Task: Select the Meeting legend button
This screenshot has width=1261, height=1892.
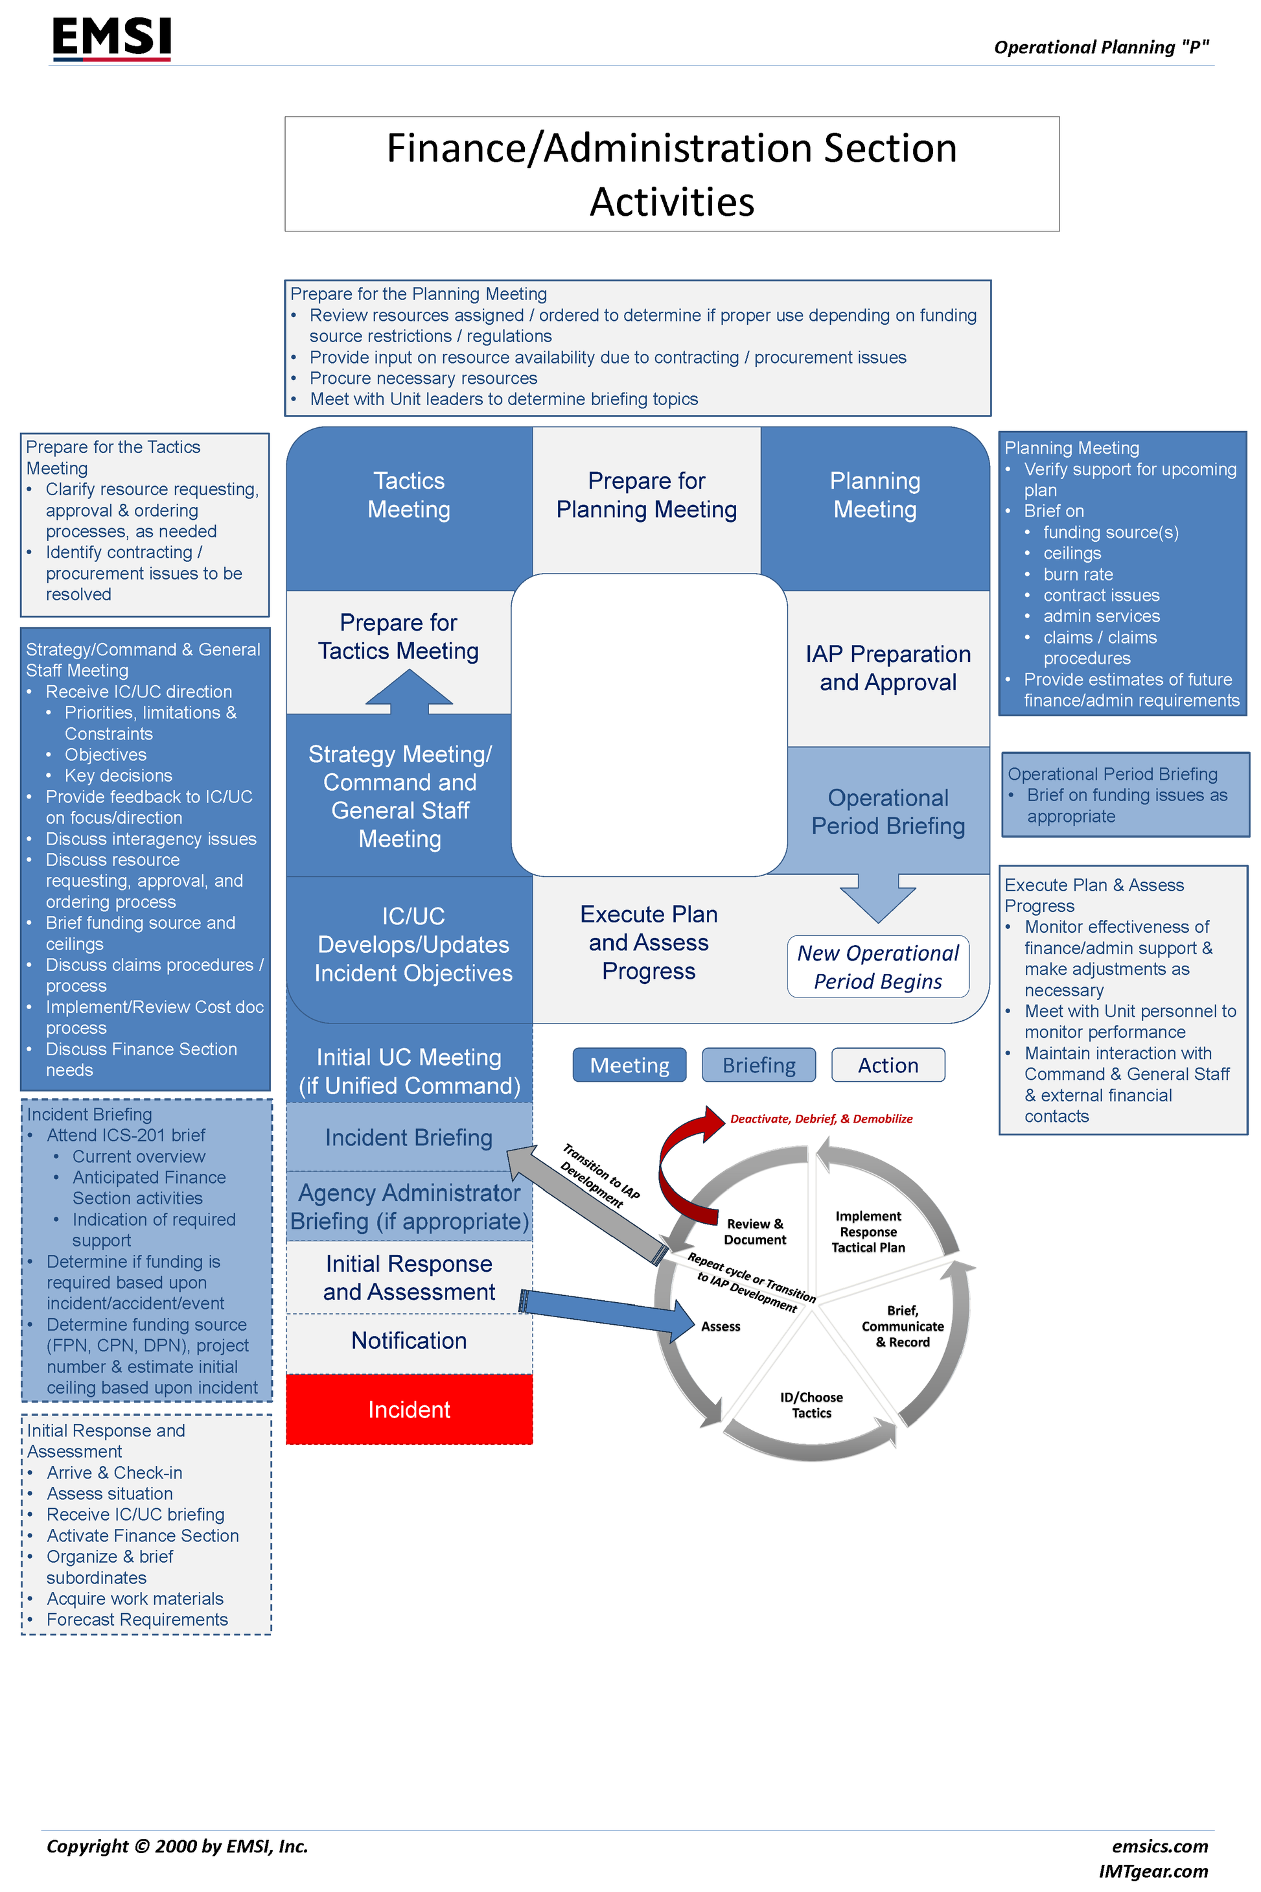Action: (629, 1065)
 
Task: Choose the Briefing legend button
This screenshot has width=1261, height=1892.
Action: (758, 1065)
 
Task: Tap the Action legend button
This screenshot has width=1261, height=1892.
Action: (888, 1065)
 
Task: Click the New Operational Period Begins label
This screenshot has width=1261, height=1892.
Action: (878, 967)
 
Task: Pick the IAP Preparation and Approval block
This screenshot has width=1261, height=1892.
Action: (888, 668)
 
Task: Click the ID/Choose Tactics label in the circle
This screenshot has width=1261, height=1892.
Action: (811, 1405)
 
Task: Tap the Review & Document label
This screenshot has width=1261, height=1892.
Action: (754, 1232)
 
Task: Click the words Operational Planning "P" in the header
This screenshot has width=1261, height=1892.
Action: (1101, 47)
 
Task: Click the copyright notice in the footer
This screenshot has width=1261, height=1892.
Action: (177, 1846)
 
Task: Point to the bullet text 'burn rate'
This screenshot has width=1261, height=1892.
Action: (1078, 574)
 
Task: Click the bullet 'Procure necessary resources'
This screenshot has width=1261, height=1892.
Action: (423, 378)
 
